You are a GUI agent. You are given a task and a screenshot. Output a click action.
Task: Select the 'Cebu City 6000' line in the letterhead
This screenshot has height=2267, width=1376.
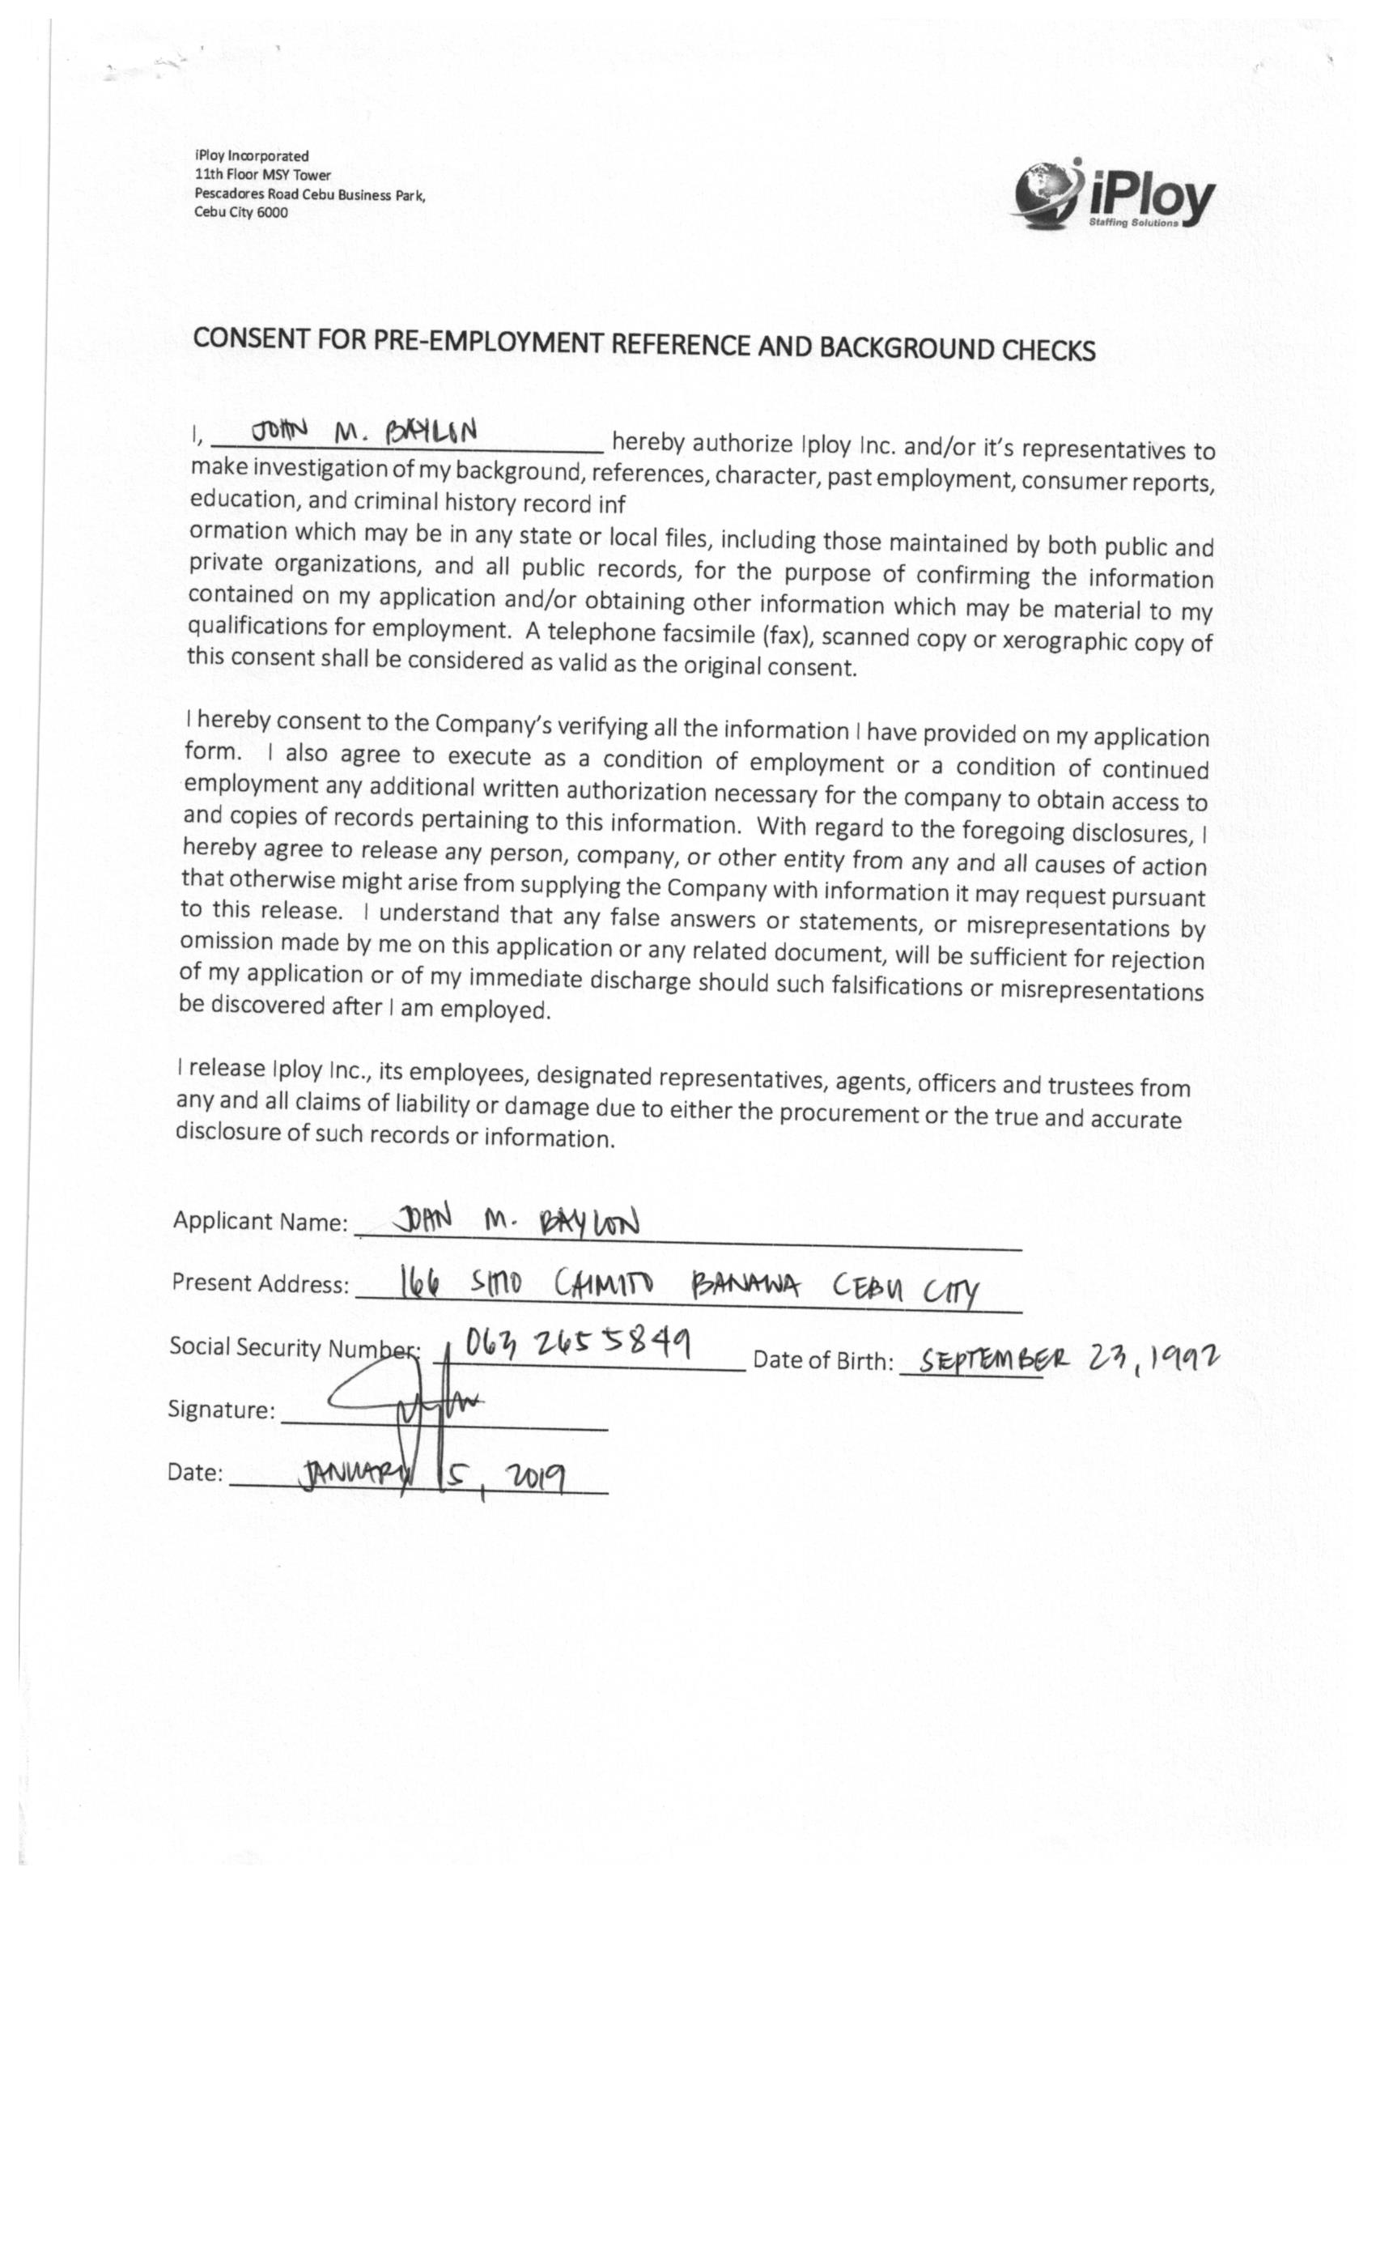click(241, 212)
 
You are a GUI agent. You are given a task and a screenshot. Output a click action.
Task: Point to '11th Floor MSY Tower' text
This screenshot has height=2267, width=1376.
click(262, 175)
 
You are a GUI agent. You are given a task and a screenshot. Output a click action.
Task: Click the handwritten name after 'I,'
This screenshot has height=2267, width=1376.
click(364, 431)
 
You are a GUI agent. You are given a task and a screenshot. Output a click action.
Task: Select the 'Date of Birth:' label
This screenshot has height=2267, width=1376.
click(822, 1361)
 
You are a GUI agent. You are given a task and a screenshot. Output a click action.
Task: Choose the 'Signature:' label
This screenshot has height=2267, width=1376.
click(221, 1410)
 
